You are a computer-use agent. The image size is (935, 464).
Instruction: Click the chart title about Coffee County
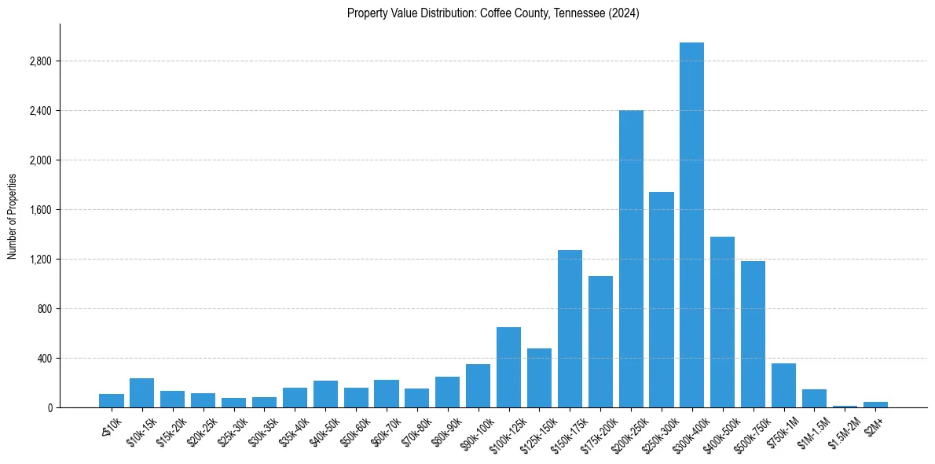(493, 13)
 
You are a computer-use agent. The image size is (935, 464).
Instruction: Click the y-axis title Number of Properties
(13, 215)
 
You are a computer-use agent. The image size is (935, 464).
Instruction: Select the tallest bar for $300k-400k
(691, 225)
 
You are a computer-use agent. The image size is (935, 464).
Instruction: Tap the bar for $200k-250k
(631, 259)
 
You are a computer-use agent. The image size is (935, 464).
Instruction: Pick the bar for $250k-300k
(662, 300)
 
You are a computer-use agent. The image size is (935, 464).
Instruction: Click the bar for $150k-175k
(570, 329)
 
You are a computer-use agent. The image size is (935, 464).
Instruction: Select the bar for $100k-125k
(508, 367)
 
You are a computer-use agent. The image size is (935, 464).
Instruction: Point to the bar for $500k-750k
(753, 334)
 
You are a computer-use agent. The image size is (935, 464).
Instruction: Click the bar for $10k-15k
(142, 393)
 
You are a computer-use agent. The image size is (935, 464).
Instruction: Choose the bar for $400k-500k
(722, 322)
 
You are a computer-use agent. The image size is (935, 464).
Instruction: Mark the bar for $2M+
(875, 404)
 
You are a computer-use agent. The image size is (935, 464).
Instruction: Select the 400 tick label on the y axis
(44, 359)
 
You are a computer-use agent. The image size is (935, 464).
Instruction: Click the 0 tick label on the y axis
(49, 408)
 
